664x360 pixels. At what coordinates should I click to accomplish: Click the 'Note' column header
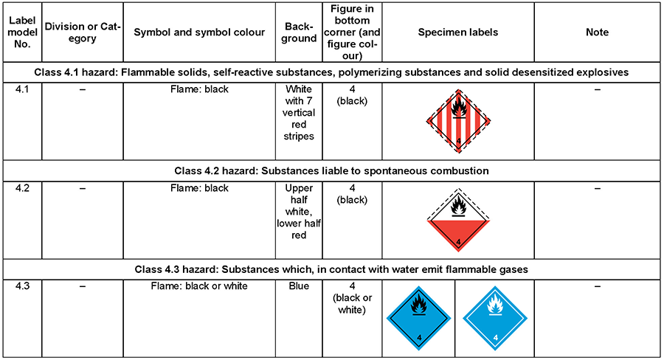tap(597, 32)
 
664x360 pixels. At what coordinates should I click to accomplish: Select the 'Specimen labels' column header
tap(457, 32)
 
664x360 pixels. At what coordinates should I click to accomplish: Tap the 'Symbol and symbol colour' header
tap(199, 32)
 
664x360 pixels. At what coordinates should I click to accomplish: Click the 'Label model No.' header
tap(22, 32)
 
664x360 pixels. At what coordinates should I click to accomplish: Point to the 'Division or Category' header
tap(83, 32)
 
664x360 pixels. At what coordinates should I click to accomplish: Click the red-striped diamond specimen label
tap(458, 121)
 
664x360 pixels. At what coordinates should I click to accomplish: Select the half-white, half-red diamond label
tap(458, 220)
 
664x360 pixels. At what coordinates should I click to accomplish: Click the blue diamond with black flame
tap(419, 318)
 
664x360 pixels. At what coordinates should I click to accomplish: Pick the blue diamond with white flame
tap(495, 318)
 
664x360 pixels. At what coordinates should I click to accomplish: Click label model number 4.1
tap(22, 89)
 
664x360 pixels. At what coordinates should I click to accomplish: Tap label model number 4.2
tap(22, 188)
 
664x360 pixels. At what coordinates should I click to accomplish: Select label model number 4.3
tap(22, 286)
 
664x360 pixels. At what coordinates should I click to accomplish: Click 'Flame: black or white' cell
tap(199, 286)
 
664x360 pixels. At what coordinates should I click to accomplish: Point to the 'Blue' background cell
tap(299, 286)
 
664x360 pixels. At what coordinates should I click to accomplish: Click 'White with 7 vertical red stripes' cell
tap(299, 113)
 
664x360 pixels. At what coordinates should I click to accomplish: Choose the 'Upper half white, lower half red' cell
tap(299, 211)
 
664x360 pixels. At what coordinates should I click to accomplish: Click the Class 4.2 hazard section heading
tap(331, 170)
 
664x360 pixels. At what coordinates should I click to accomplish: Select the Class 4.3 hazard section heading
tap(331, 269)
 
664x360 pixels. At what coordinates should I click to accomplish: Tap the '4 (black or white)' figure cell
tap(352, 298)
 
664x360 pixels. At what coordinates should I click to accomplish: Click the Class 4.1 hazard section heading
tap(331, 72)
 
